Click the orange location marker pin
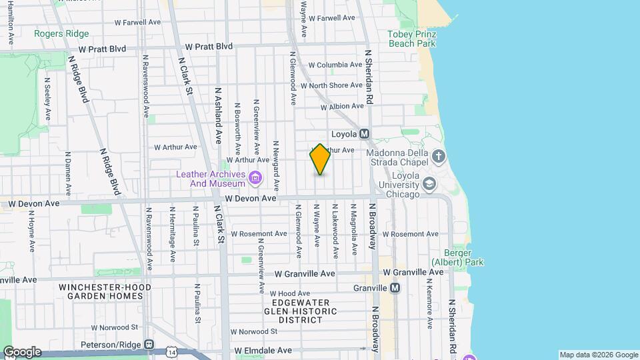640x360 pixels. click(320, 159)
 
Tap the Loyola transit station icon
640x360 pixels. click(365, 133)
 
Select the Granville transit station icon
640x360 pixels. click(395, 288)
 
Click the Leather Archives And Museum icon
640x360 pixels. click(255, 178)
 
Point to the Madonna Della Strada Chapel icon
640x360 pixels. click(438, 157)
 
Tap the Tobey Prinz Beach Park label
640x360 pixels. click(411, 39)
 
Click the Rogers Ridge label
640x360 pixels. click(61, 33)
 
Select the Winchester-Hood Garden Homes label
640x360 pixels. click(105, 291)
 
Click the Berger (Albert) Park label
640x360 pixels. click(457, 257)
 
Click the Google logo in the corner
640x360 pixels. click(21, 352)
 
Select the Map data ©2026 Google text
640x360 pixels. click(598, 355)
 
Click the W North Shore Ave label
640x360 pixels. click(331, 85)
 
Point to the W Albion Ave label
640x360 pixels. click(342, 107)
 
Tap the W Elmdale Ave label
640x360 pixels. click(263, 350)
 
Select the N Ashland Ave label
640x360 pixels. click(217, 115)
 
